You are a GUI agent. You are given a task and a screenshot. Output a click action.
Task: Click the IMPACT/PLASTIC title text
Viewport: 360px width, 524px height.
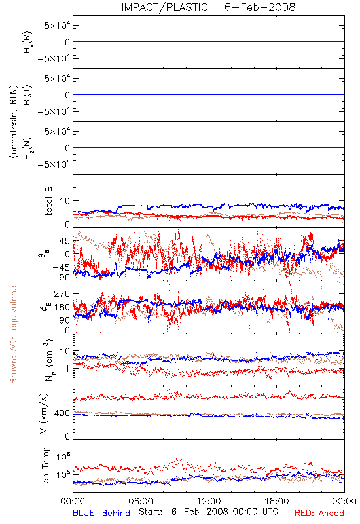coord(164,7)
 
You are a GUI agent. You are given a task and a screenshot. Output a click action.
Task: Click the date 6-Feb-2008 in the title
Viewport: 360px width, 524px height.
coord(260,7)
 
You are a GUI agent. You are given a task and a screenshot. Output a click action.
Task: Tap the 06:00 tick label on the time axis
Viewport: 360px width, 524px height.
coord(141,501)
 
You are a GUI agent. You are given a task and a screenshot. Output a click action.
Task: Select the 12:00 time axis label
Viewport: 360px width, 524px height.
coord(209,501)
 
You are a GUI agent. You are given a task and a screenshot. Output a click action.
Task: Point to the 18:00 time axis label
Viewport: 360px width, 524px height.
coord(277,501)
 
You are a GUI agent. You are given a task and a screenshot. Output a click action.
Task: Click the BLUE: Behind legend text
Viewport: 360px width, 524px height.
coord(101,513)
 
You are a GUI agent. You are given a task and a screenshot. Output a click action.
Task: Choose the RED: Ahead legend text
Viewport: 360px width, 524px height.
coord(319,513)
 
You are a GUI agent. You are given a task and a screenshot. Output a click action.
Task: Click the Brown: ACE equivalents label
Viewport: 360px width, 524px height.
coord(13,333)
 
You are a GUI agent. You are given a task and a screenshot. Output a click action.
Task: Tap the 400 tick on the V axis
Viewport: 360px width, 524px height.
coord(62,413)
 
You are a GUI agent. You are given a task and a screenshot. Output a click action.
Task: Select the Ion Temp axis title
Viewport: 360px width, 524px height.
coord(45,466)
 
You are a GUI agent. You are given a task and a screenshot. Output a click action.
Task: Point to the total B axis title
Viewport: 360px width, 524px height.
coord(48,201)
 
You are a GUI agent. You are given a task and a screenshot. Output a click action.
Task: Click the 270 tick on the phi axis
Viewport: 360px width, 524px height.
coord(62,294)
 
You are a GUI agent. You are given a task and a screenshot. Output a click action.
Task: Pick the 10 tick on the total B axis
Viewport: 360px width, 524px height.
coord(65,201)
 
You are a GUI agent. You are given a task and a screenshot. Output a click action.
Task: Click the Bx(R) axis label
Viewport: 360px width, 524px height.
coord(27,43)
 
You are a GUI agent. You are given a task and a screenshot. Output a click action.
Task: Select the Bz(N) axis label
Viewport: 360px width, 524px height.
coord(27,148)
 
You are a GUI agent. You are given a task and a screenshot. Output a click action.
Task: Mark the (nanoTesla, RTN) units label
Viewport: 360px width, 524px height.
coord(14,122)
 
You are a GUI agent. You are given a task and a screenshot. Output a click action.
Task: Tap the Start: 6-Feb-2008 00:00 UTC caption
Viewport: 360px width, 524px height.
coord(208,512)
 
